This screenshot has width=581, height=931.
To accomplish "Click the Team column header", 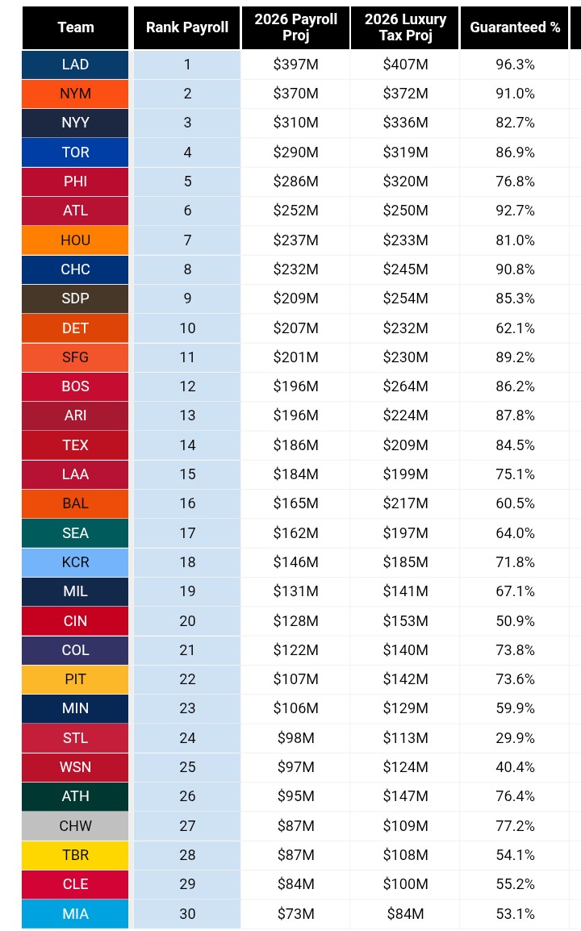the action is coord(75,27).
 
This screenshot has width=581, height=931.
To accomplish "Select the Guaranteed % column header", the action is coord(515,27).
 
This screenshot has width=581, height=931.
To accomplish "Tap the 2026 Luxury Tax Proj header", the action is coord(405,27).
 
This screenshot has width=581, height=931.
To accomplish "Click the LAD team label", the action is coord(75,64).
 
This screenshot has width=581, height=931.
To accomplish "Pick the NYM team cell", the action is coord(75,94).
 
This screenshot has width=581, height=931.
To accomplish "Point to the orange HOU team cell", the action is coord(75,240).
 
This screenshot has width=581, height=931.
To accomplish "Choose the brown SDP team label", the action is coord(75,298).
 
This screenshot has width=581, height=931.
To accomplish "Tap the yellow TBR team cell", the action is coord(75,855).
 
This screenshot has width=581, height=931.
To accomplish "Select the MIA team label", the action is coord(75,914).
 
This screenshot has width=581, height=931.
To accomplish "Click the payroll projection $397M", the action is coord(296,64).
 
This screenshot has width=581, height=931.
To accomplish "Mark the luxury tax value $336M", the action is coord(405,123).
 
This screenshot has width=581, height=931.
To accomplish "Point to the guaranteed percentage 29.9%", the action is coord(515,738).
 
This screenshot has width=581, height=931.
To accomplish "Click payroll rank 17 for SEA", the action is coord(187,533).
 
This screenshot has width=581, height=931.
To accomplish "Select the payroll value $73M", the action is coord(296,914).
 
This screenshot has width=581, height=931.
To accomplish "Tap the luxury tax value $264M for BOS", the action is coord(405,386).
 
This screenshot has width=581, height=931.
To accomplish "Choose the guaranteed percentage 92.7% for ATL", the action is coord(515,211).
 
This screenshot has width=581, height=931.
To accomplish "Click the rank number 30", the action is coord(187,914).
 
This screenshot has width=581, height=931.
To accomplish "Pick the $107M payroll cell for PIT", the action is coord(296,679).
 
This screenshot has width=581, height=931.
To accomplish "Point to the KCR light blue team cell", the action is coord(75,562).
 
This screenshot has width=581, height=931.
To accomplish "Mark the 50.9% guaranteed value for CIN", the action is coord(515,621).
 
